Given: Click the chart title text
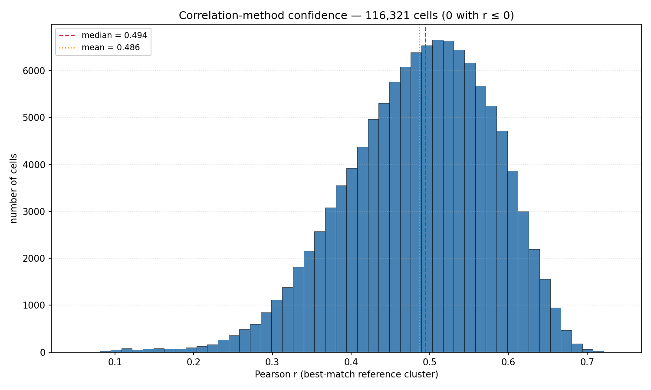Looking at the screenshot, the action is tap(346, 15).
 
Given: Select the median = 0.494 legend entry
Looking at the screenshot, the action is tap(103, 36).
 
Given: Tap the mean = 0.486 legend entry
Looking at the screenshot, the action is tap(99, 47).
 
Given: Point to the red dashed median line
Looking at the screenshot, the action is tap(425, 188).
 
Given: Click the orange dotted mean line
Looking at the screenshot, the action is tap(419, 188).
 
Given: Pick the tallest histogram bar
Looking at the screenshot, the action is tap(437, 196).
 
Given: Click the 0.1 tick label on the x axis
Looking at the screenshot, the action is tap(115, 363).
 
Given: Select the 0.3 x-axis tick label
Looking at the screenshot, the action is tap(272, 363).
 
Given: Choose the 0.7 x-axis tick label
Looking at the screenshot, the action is tap(587, 363).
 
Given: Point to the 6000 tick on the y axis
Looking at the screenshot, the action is tap(34, 71).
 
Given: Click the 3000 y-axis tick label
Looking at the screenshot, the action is tap(34, 211).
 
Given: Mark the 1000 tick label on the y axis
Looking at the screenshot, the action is tap(34, 305).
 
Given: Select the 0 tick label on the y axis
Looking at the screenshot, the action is tap(43, 353).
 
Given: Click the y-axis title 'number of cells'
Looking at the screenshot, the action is tap(13, 188).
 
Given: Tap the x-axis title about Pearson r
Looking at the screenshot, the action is tap(346, 375).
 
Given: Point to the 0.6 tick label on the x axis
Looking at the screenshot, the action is tap(508, 363).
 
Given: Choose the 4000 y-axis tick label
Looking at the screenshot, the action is tap(34, 165).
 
